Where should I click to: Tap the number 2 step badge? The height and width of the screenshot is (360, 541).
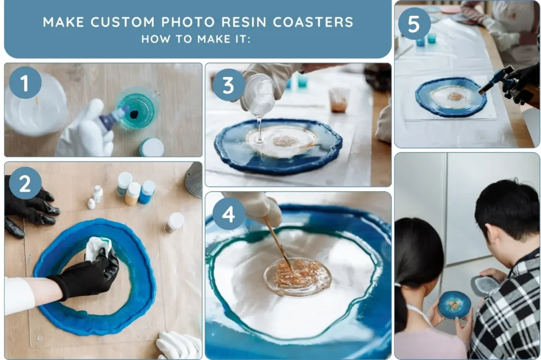point(25,183)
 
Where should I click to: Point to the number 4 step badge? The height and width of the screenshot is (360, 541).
point(229,213)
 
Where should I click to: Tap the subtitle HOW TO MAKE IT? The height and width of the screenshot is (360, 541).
point(196,39)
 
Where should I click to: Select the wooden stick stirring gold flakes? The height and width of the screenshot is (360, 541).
point(277,242)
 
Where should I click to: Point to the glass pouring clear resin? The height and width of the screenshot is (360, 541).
point(259,96)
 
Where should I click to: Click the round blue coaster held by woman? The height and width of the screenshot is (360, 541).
point(453,305)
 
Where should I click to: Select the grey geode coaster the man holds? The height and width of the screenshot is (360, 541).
point(484,286)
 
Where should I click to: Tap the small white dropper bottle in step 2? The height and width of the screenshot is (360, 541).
point(97,193)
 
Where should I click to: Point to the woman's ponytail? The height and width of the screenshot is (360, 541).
point(402,311)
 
